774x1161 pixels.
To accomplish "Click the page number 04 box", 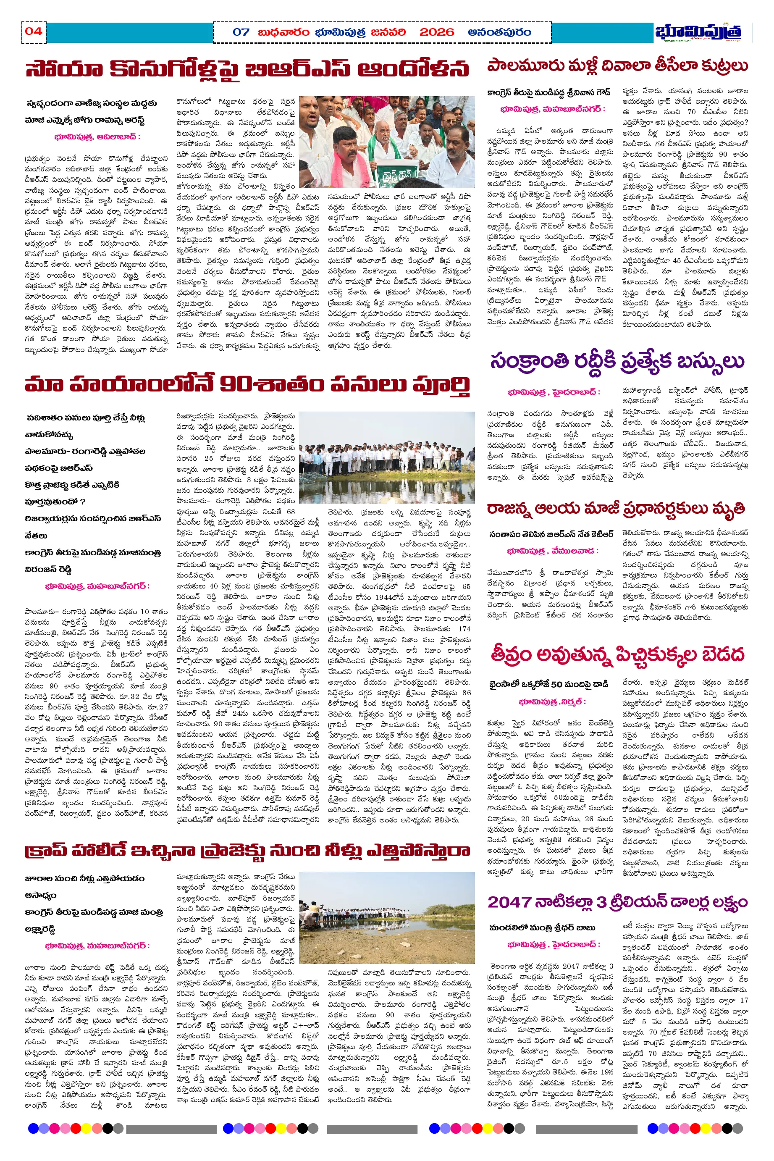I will tap(34, 32).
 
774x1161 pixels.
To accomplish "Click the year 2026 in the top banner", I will tap(436, 33).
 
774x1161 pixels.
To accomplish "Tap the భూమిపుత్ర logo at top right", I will tap(698, 32).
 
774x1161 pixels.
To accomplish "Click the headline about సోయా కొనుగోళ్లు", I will tap(247, 69).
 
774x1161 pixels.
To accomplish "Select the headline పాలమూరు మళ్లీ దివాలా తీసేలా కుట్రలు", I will tap(617, 66).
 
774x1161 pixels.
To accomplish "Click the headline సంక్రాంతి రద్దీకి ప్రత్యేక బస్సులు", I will tap(617, 361).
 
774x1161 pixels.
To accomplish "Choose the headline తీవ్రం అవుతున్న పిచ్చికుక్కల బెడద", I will tap(617, 654).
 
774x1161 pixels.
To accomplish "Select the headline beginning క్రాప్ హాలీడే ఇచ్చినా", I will tap(247, 851).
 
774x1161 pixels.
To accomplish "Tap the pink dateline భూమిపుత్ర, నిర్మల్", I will tap(552, 701).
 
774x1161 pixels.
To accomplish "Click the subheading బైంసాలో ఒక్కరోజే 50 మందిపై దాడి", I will tap(548, 684).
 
